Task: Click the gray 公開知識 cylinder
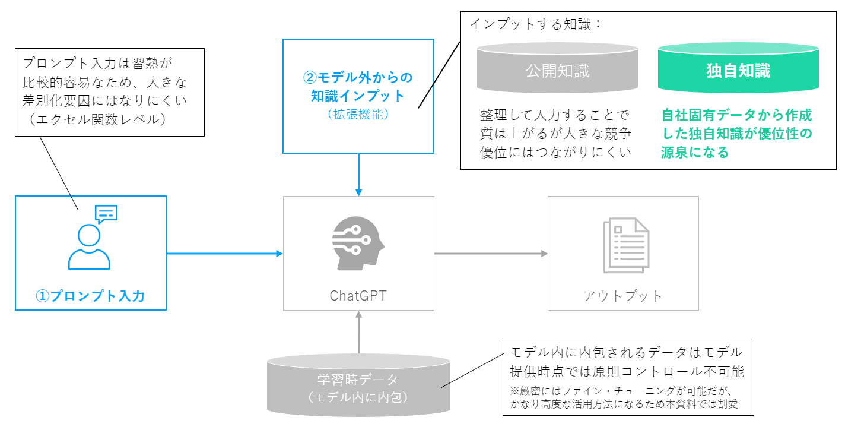pos(557,68)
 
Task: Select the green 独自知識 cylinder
pos(738,68)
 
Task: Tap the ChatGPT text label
pos(358,296)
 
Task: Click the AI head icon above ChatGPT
pos(358,243)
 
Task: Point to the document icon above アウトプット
pos(626,245)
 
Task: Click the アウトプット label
pos(623,296)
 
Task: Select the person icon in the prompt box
pos(89,247)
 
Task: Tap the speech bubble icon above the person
pos(106,214)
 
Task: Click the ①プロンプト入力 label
pos(90,296)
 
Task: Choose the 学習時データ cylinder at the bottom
pos(358,385)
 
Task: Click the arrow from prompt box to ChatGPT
pos(224,254)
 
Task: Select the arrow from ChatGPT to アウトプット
pos(491,254)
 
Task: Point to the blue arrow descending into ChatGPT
pos(358,175)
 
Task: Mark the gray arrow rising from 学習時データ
pos(358,332)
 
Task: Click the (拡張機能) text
pos(358,114)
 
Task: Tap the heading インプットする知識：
pos(536,24)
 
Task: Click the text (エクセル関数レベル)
pos(98,119)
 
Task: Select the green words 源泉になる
pos(694,152)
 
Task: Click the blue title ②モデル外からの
pos(358,77)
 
